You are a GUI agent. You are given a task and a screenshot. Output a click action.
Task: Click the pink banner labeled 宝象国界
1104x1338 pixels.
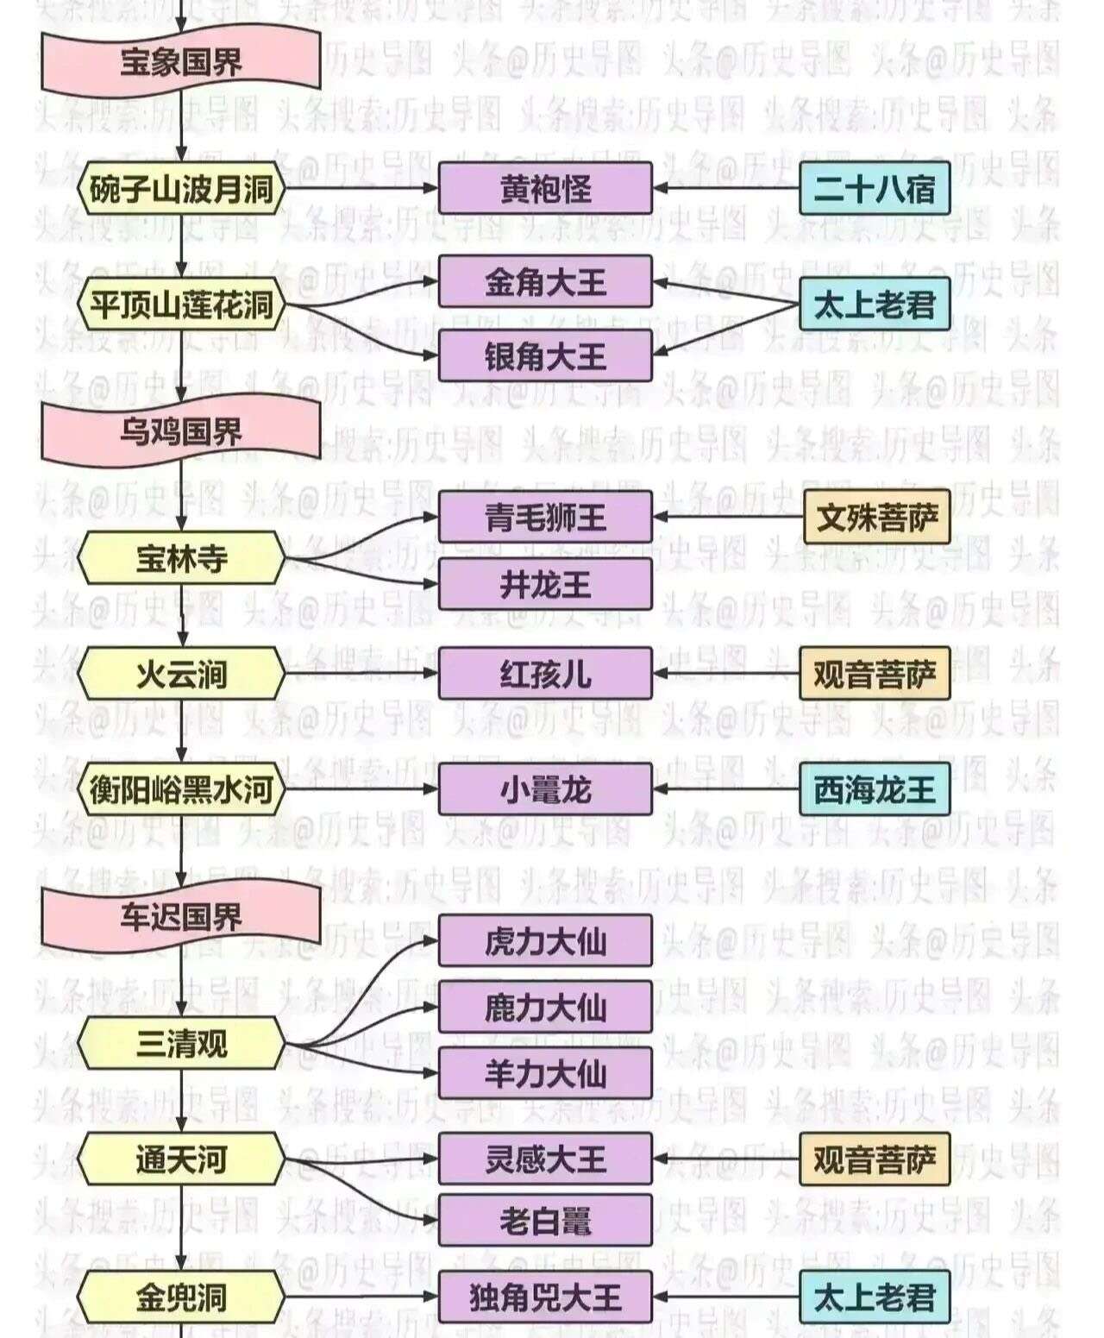[x=181, y=61]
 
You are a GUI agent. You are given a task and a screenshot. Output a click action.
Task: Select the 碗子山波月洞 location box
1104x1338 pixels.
[x=181, y=188]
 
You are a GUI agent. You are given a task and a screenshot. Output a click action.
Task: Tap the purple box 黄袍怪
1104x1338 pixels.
[x=545, y=188]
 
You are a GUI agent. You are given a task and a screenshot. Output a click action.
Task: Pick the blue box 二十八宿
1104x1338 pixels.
[x=875, y=188]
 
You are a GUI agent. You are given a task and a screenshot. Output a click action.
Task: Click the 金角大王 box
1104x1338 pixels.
[x=545, y=282]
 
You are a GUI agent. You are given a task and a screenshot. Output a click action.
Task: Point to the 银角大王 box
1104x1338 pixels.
[x=545, y=355]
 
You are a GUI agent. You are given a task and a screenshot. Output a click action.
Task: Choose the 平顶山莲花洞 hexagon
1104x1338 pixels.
[x=181, y=305]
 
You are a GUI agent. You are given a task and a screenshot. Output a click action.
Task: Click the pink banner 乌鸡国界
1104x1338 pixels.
[x=181, y=430]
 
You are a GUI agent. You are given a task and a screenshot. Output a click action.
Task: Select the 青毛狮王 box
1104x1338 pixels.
[x=545, y=518]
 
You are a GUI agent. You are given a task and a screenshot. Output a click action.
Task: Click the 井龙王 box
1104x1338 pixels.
[x=545, y=584]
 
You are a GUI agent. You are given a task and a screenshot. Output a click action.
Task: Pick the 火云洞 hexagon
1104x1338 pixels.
[x=181, y=674]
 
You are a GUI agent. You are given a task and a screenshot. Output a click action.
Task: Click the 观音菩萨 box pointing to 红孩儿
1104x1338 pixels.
[x=875, y=674]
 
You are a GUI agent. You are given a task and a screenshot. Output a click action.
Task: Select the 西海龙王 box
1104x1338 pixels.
[x=875, y=788]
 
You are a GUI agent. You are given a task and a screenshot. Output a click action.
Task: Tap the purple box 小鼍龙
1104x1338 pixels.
[x=545, y=788]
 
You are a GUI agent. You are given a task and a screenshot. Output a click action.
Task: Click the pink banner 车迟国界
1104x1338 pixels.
[x=181, y=916]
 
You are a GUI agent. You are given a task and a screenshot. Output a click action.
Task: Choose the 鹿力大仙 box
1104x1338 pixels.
[x=545, y=1007]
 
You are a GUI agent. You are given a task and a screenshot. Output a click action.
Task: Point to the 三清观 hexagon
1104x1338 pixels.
[x=181, y=1044]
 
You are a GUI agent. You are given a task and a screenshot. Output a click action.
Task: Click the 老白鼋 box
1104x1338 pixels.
[x=545, y=1221]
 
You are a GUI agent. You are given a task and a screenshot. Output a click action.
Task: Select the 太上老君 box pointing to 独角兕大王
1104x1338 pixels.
[x=875, y=1297]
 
